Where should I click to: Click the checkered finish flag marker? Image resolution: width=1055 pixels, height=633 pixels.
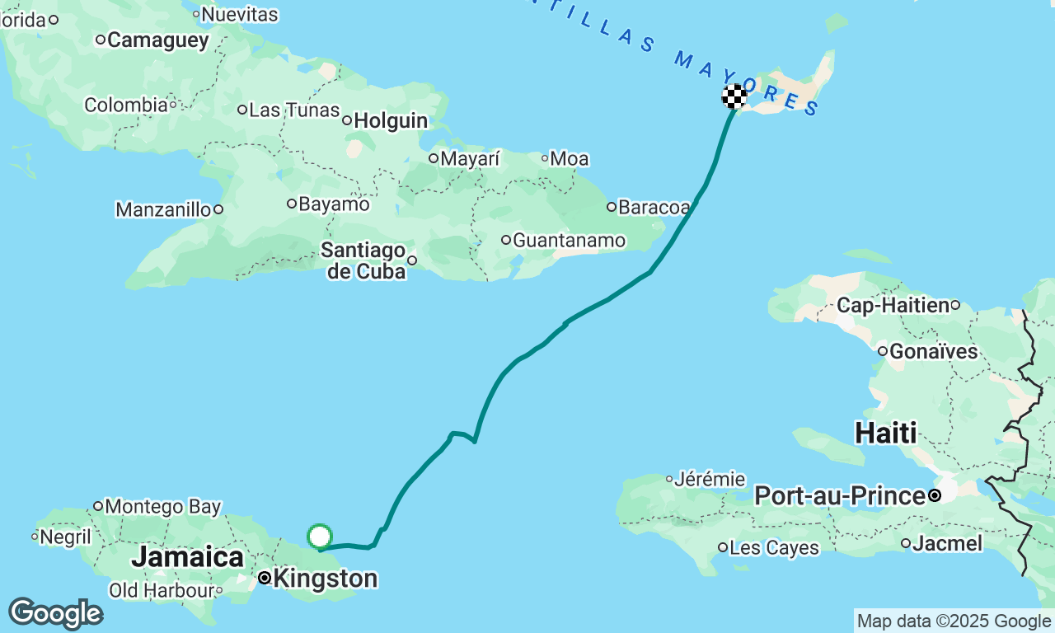[734, 96]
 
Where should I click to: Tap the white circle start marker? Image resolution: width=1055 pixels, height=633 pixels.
[319, 537]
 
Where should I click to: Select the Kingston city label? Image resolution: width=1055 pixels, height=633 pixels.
[325, 579]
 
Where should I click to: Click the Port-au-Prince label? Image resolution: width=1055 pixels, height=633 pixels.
[839, 496]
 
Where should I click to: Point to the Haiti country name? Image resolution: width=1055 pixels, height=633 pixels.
[886, 432]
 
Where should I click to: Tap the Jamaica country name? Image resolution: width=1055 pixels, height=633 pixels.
[187, 556]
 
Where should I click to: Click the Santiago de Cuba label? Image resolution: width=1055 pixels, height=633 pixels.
[363, 260]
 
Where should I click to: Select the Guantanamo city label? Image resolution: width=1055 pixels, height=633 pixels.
[569, 241]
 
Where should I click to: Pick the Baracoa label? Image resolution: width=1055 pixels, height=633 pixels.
[654, 208]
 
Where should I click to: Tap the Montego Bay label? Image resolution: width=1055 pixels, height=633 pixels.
[162, 506]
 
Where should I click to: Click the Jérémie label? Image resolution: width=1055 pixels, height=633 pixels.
[710, 479]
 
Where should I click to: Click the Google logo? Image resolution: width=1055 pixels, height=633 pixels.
[55, 614]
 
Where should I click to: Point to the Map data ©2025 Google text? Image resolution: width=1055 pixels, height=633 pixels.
[954, 621]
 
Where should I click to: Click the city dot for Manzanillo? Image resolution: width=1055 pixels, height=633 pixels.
[218, 209]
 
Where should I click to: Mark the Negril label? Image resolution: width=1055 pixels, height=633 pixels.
[66, 537]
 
